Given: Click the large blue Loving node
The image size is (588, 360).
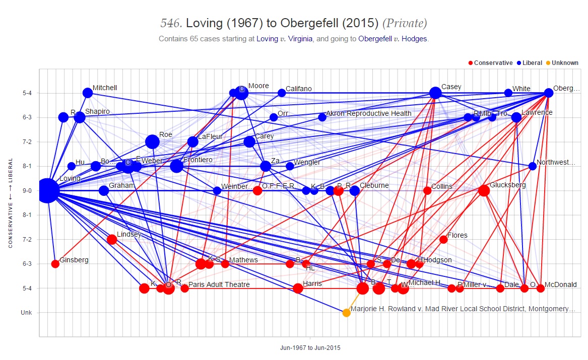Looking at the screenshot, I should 47,190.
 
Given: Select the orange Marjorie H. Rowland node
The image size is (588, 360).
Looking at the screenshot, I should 346,313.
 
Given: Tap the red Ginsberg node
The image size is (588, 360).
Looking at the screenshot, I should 55,264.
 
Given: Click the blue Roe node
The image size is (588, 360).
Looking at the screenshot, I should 152,141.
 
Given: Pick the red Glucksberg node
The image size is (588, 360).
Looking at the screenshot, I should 484,190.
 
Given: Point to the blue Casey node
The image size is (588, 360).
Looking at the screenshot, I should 435,93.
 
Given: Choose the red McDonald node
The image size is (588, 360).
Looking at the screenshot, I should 541,289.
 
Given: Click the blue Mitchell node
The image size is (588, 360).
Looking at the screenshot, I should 88,93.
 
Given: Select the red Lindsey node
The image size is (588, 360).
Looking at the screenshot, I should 112,239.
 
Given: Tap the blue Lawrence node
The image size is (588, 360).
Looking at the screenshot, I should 516,117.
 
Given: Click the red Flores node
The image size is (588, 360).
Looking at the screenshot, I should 443,239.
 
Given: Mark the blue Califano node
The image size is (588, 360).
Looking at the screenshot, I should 282,93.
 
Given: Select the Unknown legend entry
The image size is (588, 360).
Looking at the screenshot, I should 563,63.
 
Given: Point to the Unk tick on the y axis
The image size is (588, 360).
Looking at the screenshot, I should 27,313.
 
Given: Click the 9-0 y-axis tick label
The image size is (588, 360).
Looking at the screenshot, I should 27,191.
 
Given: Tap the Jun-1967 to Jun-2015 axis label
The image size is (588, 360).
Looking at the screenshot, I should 310,347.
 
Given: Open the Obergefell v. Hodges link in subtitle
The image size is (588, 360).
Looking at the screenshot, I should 393,39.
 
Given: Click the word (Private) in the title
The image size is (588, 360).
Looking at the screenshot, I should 405,23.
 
